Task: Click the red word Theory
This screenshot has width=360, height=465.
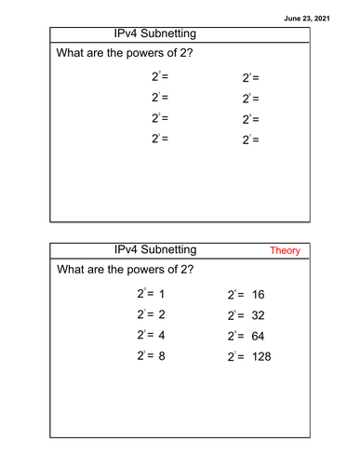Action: pyautogui.click(x=285, y=251)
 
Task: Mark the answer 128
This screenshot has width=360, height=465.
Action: pyautogui.click(x=261, y=355)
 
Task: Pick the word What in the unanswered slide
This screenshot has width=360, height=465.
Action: pyautogui.click(x=73, y=55)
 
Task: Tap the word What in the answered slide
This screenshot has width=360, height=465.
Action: pyautogui.click(x=73, y=270)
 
